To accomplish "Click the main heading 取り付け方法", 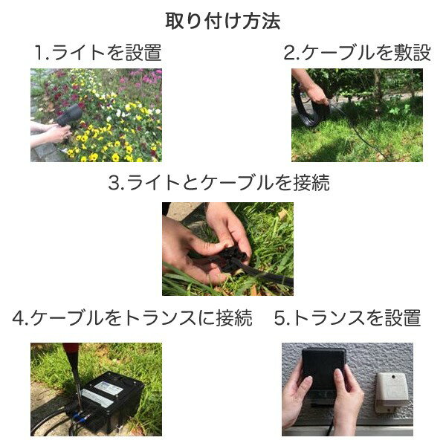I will (222, 21).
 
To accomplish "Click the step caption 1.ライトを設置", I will (97, 53).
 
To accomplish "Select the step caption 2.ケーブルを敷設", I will (357, 53).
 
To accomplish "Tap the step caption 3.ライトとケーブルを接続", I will (219, 184).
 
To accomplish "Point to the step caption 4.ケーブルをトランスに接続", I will (132, 319).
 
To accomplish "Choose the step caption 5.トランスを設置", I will (347, 319).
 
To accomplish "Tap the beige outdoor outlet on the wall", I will (392, 390).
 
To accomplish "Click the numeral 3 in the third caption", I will (114, 184).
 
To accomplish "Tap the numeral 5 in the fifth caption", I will (280, 319).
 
